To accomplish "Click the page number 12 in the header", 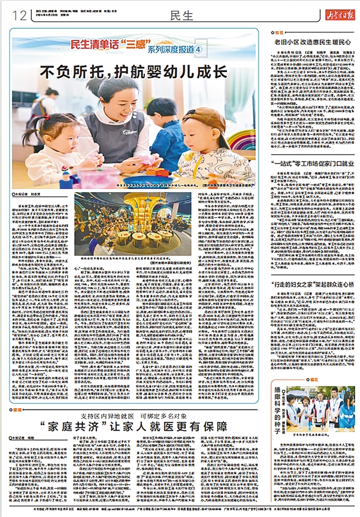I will click(20, 16).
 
